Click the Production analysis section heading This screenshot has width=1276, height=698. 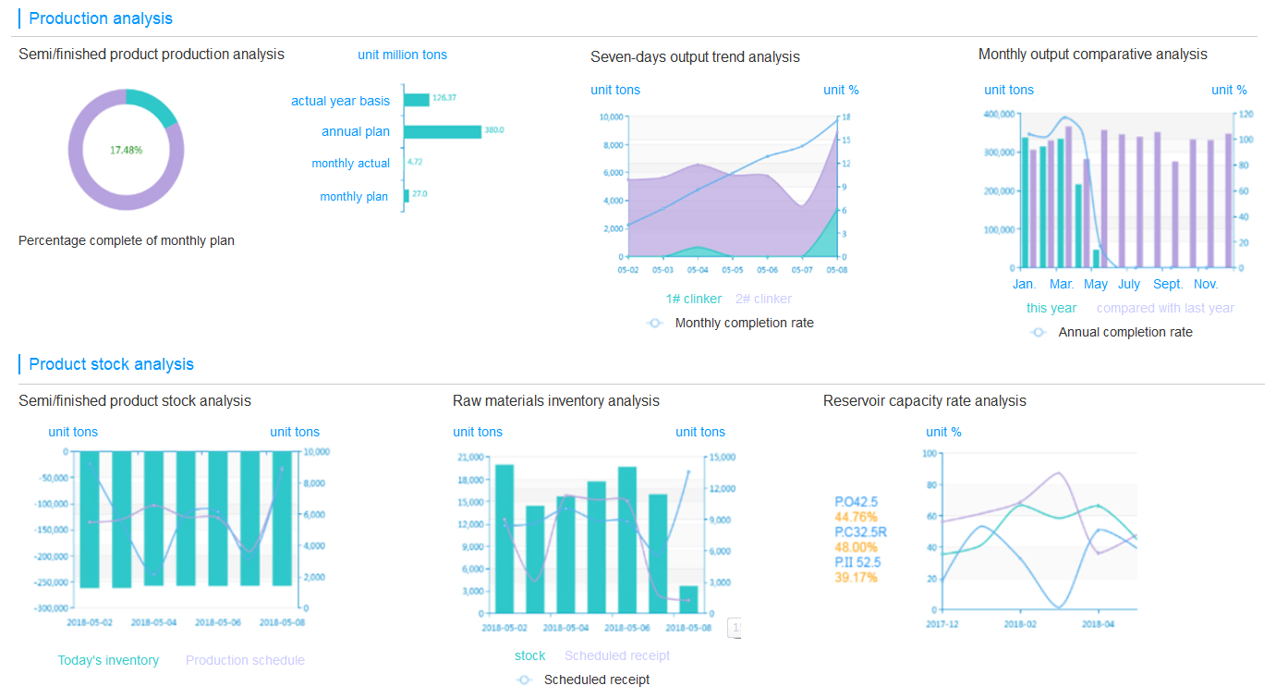[x=101, y=18]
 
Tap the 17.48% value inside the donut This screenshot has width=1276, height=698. [x=127, y=150]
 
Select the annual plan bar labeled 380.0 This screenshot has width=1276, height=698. [x=443, y=131]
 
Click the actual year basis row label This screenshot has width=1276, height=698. [x=340, y=101]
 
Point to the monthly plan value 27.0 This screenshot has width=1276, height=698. [x=419, y=194]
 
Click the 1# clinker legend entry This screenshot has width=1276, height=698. [x=693, y=299]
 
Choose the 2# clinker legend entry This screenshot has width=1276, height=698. [x=763, y=299]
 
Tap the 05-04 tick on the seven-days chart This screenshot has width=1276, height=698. [x=698, y=270]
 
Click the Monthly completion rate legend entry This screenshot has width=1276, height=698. [x=744, y=323]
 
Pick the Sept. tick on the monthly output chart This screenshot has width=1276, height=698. [x=1168, y=284]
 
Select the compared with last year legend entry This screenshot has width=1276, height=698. [x=1165, y=308]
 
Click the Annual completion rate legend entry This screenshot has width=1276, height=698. [x=1124, y=332]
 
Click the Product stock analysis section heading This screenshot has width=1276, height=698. [x=111, y=364]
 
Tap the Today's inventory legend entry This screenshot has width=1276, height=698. [x=108, y=660]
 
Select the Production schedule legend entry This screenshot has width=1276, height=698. [x=245, y=660]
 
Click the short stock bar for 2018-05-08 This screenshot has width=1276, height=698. [x=688, y=599]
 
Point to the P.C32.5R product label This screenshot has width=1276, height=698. [x=860, y=532]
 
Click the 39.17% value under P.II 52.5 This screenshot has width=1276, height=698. [x=856, y=578]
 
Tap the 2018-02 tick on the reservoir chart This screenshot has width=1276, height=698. [x=1020, y=624]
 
